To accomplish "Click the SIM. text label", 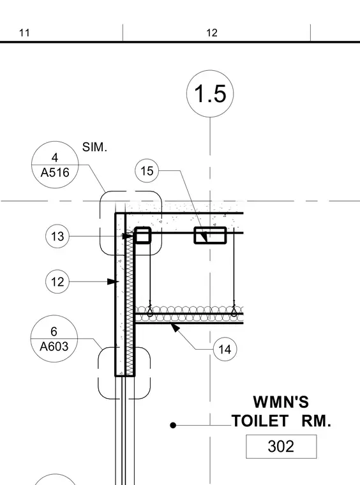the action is [94, 147].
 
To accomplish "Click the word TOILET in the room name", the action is [260, 421].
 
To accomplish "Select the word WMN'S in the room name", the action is [281, 402].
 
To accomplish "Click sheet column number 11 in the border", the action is [24, 33].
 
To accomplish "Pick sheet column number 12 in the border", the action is [212, 33].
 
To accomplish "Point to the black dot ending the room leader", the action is [173, 426].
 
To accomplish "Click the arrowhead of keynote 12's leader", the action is [113, 282].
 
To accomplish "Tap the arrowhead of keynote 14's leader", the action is [175, 327].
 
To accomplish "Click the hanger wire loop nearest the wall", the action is [150, 311].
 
